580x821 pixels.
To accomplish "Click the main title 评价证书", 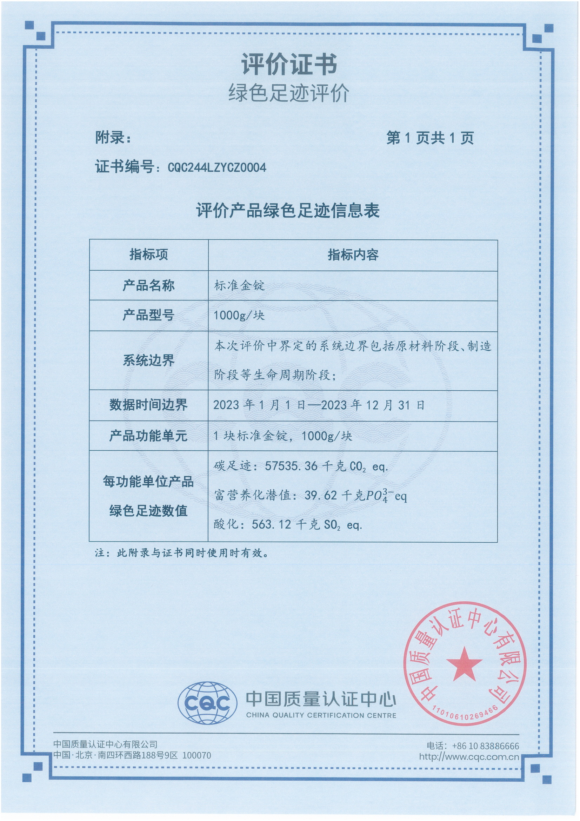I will click(289, 65).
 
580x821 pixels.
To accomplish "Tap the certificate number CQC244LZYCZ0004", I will click(217, 168).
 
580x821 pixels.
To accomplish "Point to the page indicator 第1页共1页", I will click(430, 138).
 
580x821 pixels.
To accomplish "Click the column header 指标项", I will click(149, 254).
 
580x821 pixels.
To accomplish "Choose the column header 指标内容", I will click(353, 254).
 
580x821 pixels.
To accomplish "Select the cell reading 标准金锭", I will click(239, 285).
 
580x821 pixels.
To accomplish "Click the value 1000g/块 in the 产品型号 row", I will click(239, 316).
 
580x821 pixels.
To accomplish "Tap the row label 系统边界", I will click(149, 360).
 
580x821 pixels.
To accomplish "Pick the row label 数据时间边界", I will click(149, 405).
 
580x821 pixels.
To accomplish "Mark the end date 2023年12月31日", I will click(373, 405).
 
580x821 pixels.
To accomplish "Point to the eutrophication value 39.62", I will click(321, 495).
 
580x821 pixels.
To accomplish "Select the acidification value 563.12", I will click(271, 524).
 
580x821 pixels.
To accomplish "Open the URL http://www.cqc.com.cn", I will click(469, 757).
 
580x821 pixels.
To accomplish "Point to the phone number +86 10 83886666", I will click(485, 746).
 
